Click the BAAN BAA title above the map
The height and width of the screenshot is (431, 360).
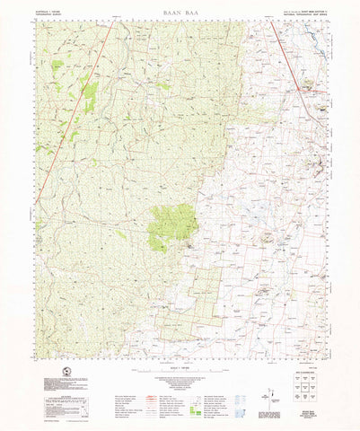click(x=180, y=13)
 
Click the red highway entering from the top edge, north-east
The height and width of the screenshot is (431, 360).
click(x=285, y=54)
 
